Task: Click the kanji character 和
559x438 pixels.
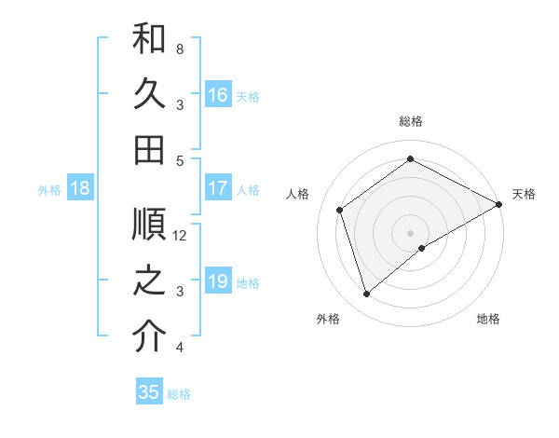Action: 149,38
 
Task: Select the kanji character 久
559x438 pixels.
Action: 149,93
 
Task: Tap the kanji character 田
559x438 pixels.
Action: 149,148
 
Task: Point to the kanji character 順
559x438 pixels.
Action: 149,225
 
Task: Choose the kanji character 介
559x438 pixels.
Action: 149,336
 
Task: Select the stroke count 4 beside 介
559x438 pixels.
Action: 179,349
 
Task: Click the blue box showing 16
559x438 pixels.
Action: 218,94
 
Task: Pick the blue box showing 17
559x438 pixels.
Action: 218,188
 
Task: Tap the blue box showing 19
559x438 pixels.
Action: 218,281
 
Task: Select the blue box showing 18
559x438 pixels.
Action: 80,188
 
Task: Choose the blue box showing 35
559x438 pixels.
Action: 149,392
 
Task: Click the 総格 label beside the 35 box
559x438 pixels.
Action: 180,394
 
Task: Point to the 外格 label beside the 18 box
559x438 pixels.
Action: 49,190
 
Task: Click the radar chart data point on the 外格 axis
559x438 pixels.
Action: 367,294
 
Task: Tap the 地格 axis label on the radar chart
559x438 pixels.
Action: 488,319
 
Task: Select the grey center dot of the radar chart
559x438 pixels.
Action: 410,232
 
